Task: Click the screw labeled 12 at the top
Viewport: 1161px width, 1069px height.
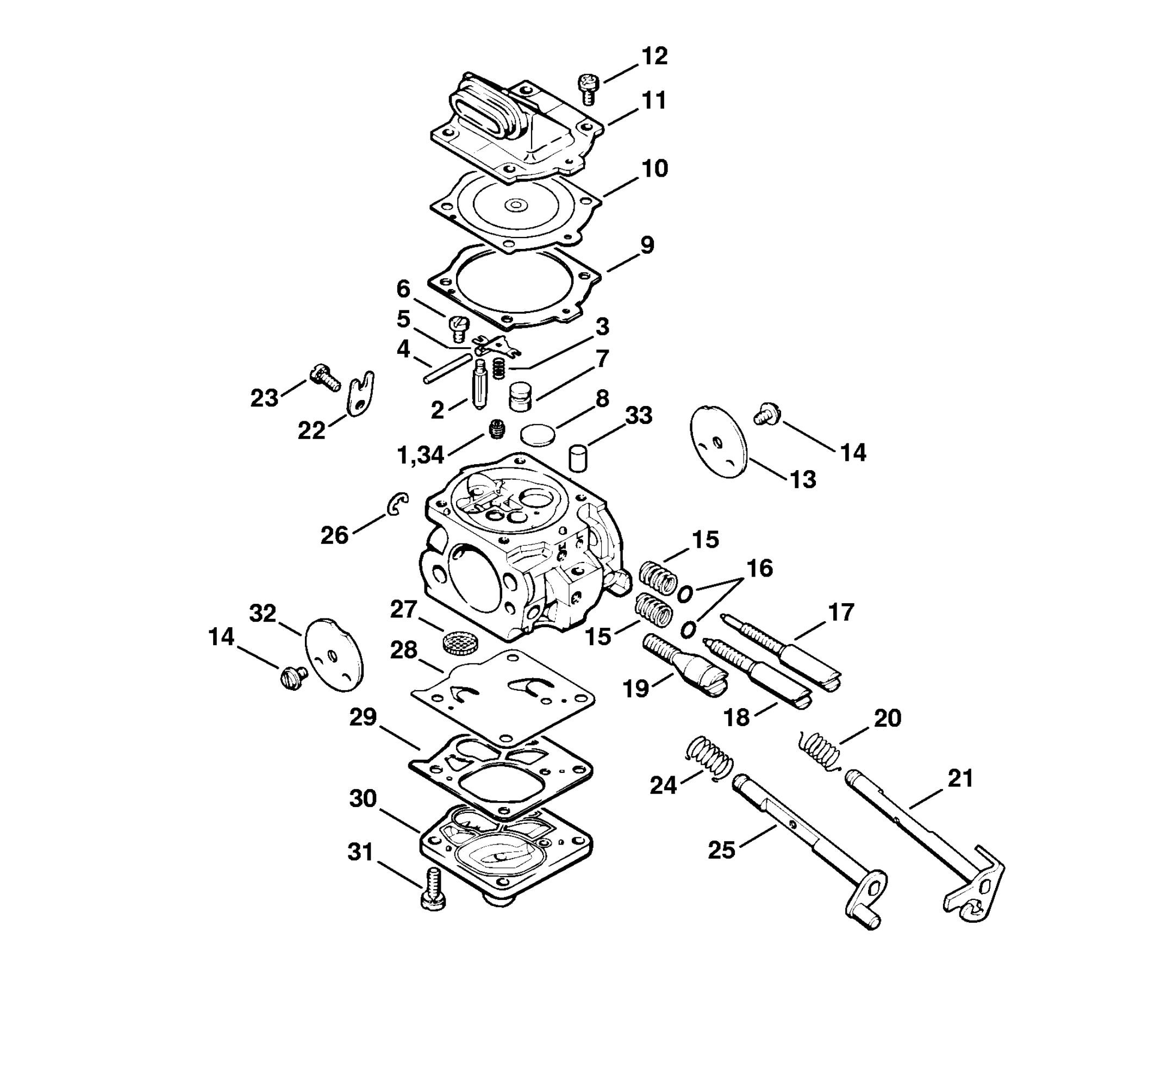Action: pyautogui.click(x=588, y=89)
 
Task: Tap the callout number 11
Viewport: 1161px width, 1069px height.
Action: pyautogui.click(x=654, y=100)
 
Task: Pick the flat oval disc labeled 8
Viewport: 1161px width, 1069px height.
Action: pyautogui.click(x=538, y=434)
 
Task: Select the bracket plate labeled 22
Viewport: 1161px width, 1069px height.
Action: pyautogui.click(x=360, y=394)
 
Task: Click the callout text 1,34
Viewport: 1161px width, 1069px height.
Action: pyautogui.click(x=421, y=455)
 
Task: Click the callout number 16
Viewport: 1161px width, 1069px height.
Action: pyautogui.click(x=759, y=568)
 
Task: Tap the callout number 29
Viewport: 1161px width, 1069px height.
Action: pyautogui.click(x=363, y=717)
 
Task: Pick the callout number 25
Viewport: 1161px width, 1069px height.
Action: pyautogui.click(x=721, y=851)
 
